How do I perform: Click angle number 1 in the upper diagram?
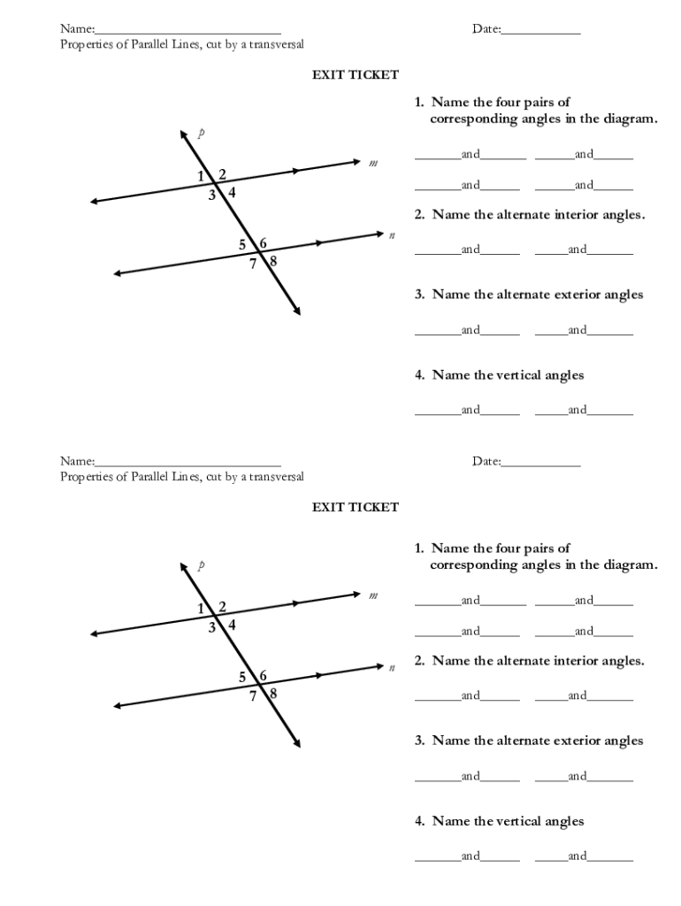(202, 176)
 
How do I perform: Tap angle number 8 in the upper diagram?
(273, 261)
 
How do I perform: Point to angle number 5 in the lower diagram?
(242, 677)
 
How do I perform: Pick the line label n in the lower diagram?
(390, 667)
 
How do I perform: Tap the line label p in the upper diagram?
(202, 134)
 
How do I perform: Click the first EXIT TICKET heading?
(355, 75)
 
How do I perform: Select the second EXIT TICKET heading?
(355, 507)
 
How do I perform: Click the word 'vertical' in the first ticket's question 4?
(519, 375)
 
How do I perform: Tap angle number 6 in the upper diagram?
(264, 243)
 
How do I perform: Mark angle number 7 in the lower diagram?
(253, 696)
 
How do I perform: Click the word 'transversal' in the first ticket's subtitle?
(275, 44)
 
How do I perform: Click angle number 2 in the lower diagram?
(222, 607)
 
